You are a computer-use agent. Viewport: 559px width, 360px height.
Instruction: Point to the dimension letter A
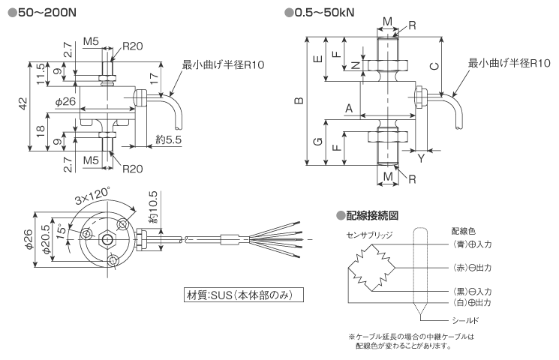348,108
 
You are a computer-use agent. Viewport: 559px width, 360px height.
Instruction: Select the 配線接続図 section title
371,215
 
